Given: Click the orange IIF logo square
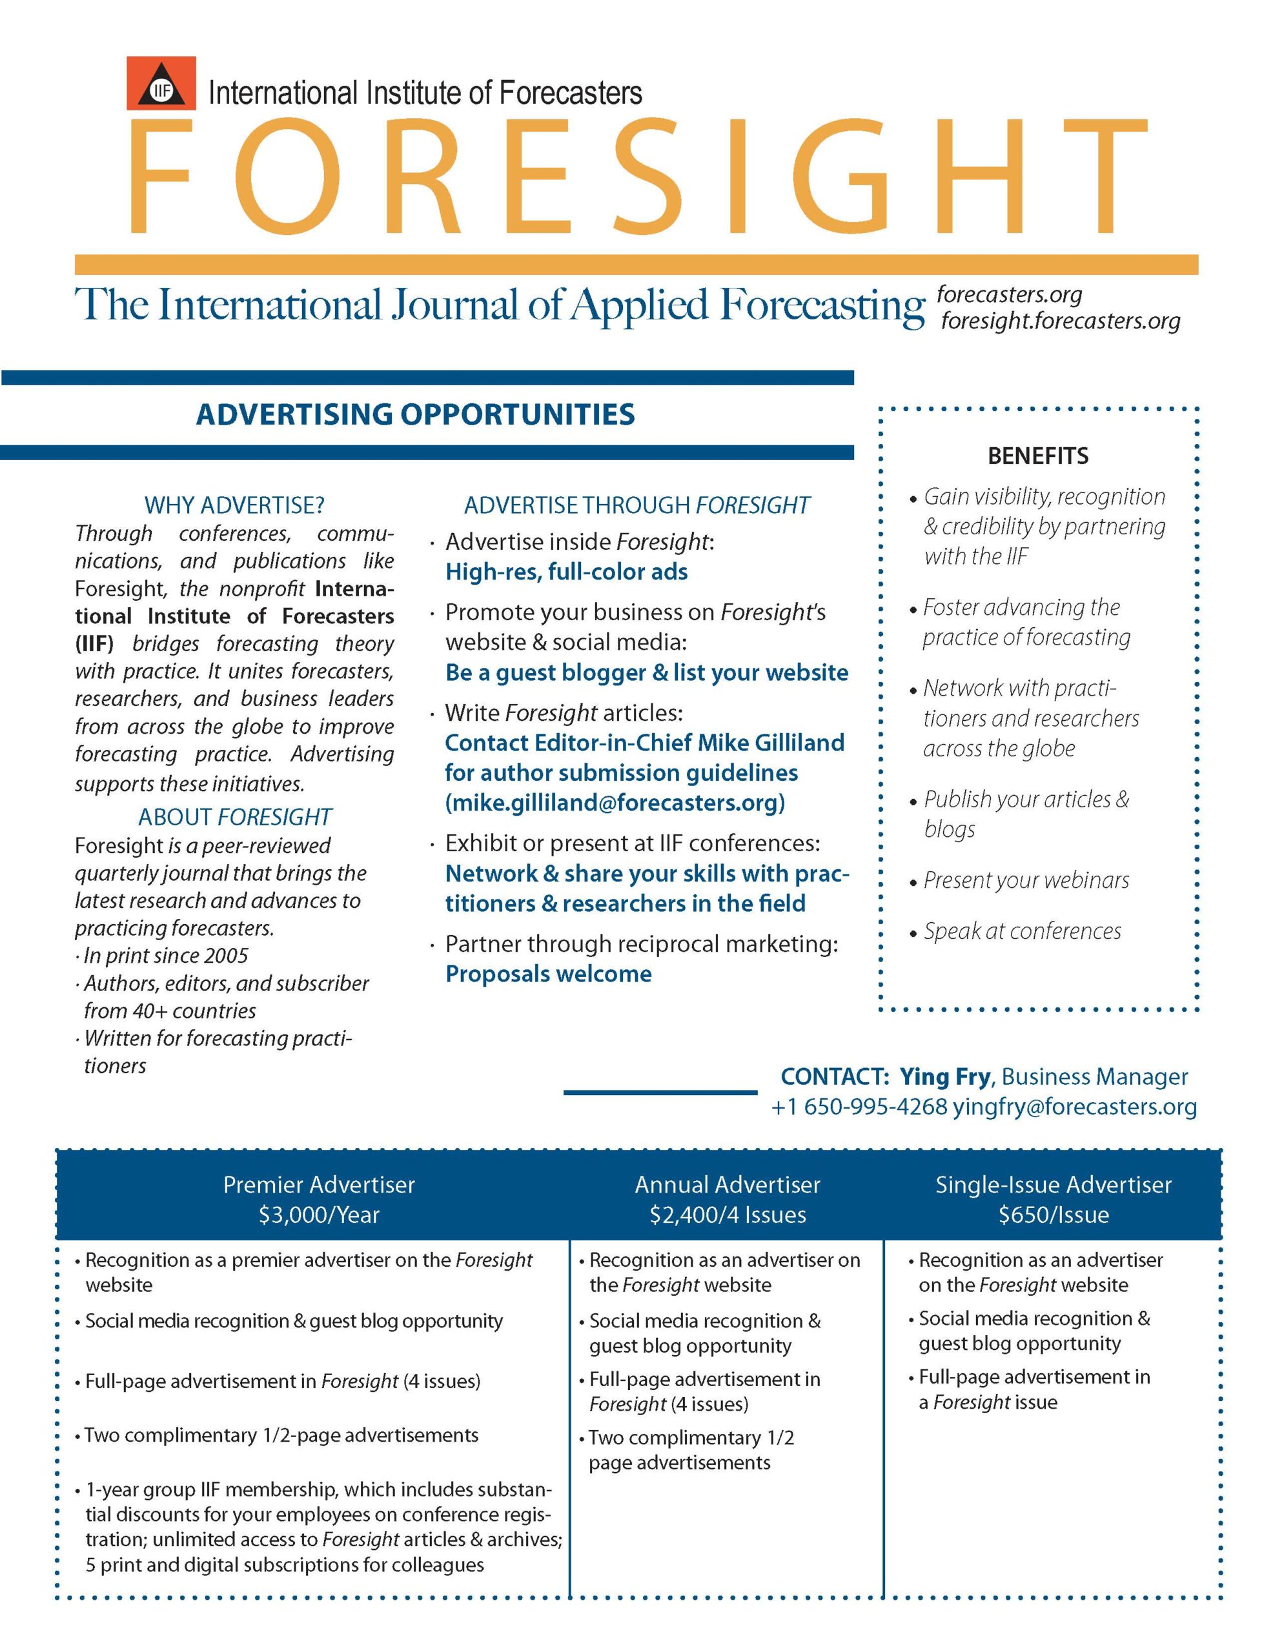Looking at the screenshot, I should pos(161,83).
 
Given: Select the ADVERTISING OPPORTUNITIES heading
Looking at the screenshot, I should pos(414,414).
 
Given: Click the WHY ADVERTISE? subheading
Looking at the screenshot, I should pos(234,505).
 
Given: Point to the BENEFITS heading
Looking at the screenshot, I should pos(1037,456).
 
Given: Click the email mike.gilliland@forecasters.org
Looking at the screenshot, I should pos(615,803).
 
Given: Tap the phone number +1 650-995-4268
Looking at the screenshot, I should pos(859,1107).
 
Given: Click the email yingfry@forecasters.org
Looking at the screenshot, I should pos(1075,1107).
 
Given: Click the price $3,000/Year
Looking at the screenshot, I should pos(319,1214).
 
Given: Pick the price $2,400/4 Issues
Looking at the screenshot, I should pos(728,1214).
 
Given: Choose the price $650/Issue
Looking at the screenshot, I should pos(1054,1214).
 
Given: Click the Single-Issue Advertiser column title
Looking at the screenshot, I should pos(1054,1185).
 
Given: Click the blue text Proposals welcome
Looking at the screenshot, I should pos(548,974).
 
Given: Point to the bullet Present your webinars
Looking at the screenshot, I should pos(1026,880).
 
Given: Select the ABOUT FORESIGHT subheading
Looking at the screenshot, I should pos(234,817).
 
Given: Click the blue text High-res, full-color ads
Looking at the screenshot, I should pos(566,572).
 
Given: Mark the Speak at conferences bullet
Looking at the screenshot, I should pos(1022,931).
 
